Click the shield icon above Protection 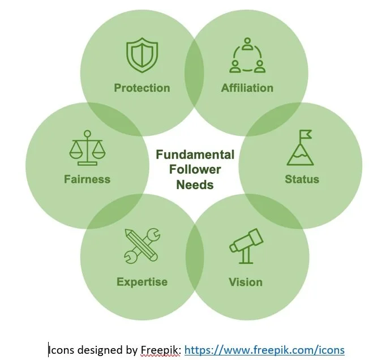point(142,56)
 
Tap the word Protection point(142,88)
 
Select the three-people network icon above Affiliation point(247,56)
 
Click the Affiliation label point(247,88)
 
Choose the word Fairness point(87,179)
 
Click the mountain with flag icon point(301,148)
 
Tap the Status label point(302,179)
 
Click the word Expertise point(142,282)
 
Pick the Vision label point(246,282)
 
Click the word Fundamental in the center point(195,155)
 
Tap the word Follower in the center point(195,169)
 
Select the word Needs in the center point(195,185)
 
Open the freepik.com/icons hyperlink point(264,350)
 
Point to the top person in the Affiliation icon point(247,44)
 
